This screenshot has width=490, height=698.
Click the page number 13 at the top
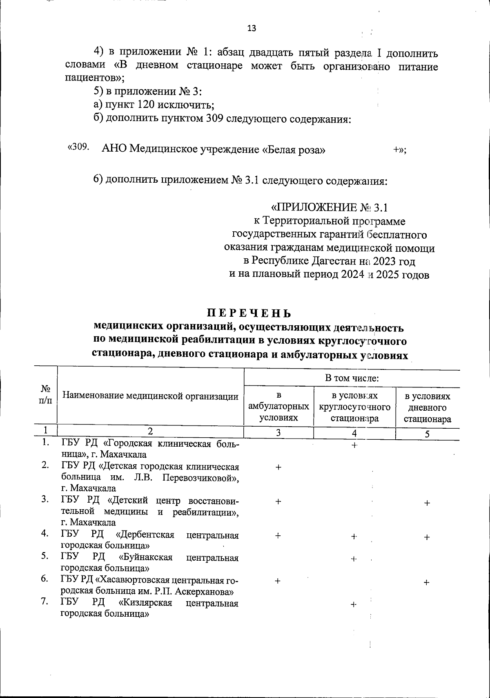tap(252, 28)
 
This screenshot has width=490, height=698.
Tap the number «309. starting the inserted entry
tap(78, 147)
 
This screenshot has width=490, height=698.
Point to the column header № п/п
tap(45, 395)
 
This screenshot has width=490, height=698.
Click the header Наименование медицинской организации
tap(150, 396)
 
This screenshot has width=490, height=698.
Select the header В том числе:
tap(352, 378)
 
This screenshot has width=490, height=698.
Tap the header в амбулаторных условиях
tap(278, 407)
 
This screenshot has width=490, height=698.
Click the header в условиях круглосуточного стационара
tap(354, 407)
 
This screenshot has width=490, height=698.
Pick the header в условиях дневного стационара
tap(428, 407)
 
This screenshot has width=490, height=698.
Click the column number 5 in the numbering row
tap(427, 434)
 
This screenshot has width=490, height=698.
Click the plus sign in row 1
tap(354, 445)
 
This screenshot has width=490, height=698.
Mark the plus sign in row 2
tap(278, 467)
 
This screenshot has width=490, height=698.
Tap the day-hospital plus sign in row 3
tap(427, 503)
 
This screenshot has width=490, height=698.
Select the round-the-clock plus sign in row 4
tap(354, 537)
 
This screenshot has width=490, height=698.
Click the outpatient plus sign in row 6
tap(278, 581)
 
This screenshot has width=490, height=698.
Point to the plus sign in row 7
tap(354, 605)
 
